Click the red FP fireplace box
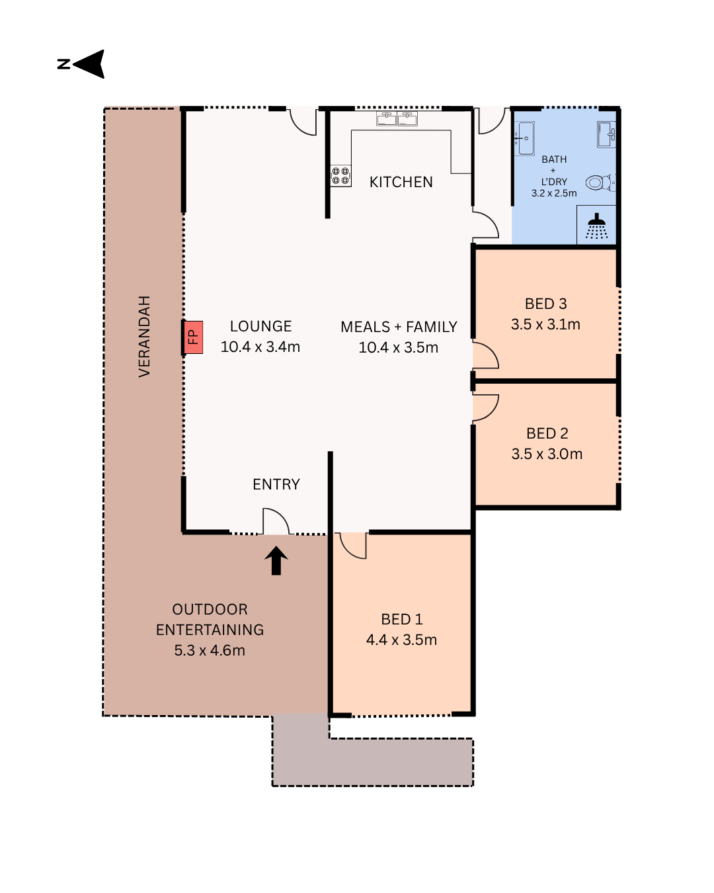point(193,337)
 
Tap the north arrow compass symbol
point(81,64)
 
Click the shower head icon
point(596,226)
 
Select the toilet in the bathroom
point(600,183)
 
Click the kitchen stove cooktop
point(340,176)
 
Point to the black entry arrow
point(276,560)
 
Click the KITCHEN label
point(401,182)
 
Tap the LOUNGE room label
point(260,326)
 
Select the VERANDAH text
point(144,336)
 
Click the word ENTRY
point(276,484)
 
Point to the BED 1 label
point(401,619)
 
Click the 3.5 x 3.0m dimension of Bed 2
point(547,454)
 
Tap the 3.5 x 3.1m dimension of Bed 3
point(545,324)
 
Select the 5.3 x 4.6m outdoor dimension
point(210,650)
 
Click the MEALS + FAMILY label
point(399,327)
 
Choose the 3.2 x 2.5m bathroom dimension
point(554,193)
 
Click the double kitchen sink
point(397,118)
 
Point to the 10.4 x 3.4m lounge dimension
point(260,347)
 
